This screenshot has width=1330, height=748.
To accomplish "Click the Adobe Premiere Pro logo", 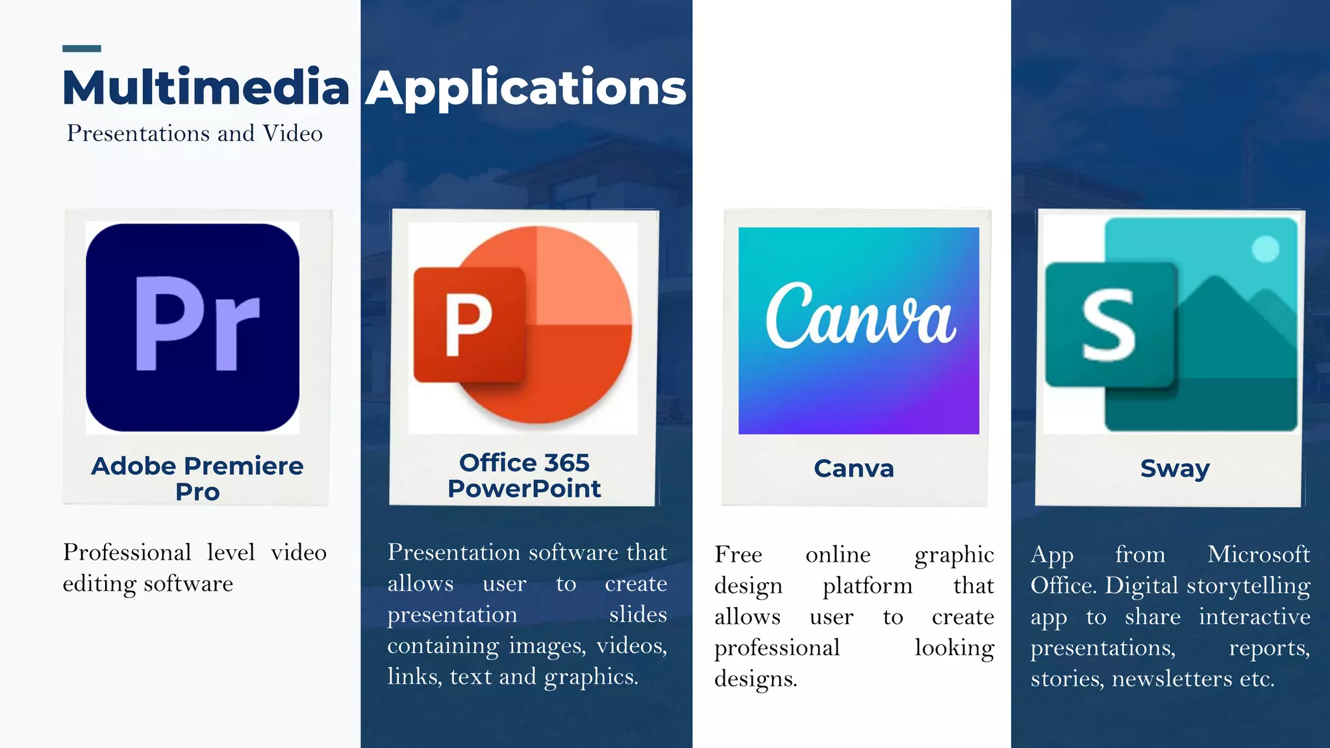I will coord(192,327).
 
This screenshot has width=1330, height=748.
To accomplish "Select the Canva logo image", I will coord(859,330).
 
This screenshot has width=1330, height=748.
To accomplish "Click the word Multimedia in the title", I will coord(206,88).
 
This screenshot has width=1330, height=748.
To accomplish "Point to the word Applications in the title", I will coord(525,88).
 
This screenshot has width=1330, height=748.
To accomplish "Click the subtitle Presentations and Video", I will coord(195,133).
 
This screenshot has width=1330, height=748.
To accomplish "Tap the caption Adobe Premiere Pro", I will coord(197,478).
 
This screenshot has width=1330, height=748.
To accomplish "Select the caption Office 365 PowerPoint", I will coord(524,475).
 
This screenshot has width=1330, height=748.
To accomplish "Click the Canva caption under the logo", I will coord(854,468).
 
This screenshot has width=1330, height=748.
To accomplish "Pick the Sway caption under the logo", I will coord(1175,468).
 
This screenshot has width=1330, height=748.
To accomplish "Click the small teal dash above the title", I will coord(82,49).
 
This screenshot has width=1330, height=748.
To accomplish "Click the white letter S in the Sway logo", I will coord(1109,325).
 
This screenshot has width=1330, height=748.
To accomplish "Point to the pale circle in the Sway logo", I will coord(1265,249).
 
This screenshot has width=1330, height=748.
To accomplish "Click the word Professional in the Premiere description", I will coord(127,553).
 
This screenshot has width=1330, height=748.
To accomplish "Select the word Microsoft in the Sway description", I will coord(1259,555).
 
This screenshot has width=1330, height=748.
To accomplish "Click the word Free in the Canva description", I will coord(738,555).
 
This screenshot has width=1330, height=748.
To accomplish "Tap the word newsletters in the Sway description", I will coord(1172,679).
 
